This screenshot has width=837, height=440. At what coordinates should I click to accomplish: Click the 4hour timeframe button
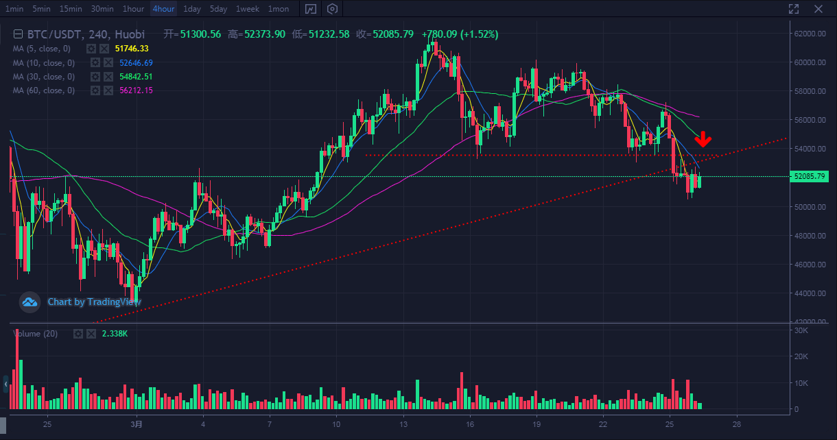point(163,9)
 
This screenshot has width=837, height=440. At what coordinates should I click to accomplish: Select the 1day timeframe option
point(192,9)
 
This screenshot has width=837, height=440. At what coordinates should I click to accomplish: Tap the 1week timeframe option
point(247,9)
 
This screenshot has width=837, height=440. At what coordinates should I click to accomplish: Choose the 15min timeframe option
point(71,9)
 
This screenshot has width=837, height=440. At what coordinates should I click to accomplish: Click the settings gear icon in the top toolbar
point(333,9)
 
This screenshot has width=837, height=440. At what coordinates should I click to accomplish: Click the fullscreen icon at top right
point(794,9)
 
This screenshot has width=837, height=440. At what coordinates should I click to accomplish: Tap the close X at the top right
point(818,9)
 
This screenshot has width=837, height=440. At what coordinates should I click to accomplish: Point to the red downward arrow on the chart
point(703,140)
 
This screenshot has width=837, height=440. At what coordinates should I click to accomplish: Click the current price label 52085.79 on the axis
point(809,177)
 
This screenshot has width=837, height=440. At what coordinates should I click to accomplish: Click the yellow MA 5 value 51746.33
point(132,49)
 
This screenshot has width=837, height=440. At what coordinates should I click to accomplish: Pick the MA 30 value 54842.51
point(136,77)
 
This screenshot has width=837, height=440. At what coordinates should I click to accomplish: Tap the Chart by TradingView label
point(94,302)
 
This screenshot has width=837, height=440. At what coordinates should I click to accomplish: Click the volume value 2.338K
point(115,334)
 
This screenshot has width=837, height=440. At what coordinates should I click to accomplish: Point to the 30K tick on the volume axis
point(800,330)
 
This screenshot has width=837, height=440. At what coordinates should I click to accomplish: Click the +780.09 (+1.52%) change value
point(460,34)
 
